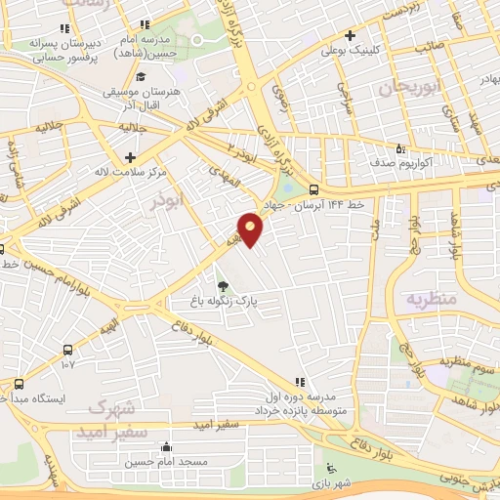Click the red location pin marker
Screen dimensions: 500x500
(x=251, y=229)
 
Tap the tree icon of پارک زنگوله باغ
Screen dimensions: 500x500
(x=224, y=285)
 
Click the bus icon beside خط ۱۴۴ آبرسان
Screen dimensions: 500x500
(x=312, y=189)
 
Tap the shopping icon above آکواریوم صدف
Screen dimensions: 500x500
(x=399, y=148)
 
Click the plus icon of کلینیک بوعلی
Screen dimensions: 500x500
(x=376, y=36)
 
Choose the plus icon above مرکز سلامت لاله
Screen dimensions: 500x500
(x=130, y=156)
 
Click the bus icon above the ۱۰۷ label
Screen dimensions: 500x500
(x=66, y=350)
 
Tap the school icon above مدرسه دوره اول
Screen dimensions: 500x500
(x=299, y=382)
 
